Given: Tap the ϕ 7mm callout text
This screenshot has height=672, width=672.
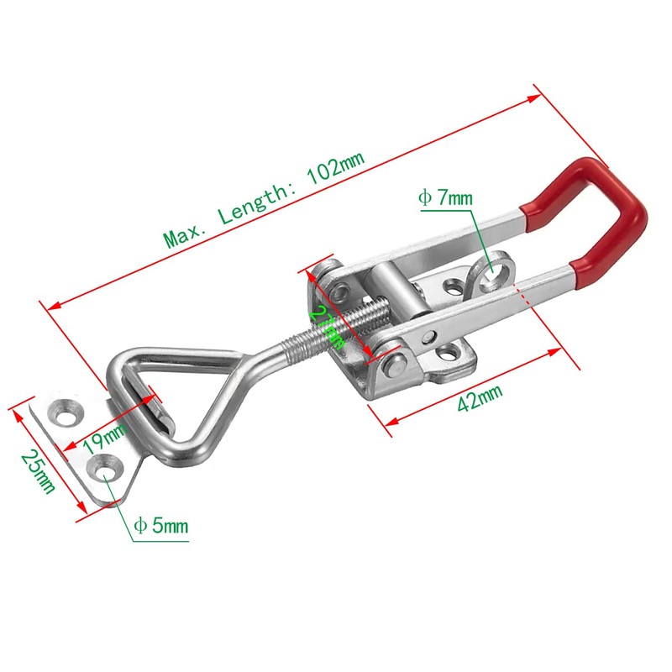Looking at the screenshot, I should pyautogui.click(x=445, y=198).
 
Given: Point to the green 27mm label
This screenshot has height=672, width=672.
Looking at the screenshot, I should pyautogui.click(x=325, y=326).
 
